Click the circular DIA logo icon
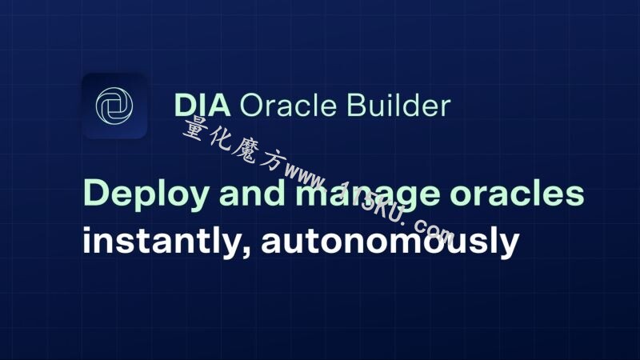coord(114,106)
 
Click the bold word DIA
coord(202,106)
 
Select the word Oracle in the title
coord(288,106)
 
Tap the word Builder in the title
coord(398,105)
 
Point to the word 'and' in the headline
coord(252,192)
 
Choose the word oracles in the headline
coord(517,192)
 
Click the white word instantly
coord(166,241)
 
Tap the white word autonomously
coord(390,241)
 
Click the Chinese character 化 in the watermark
coord(222,139)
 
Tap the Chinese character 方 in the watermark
coord(270,161)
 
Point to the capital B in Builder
coord(356,106)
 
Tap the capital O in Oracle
coord(252,106)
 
